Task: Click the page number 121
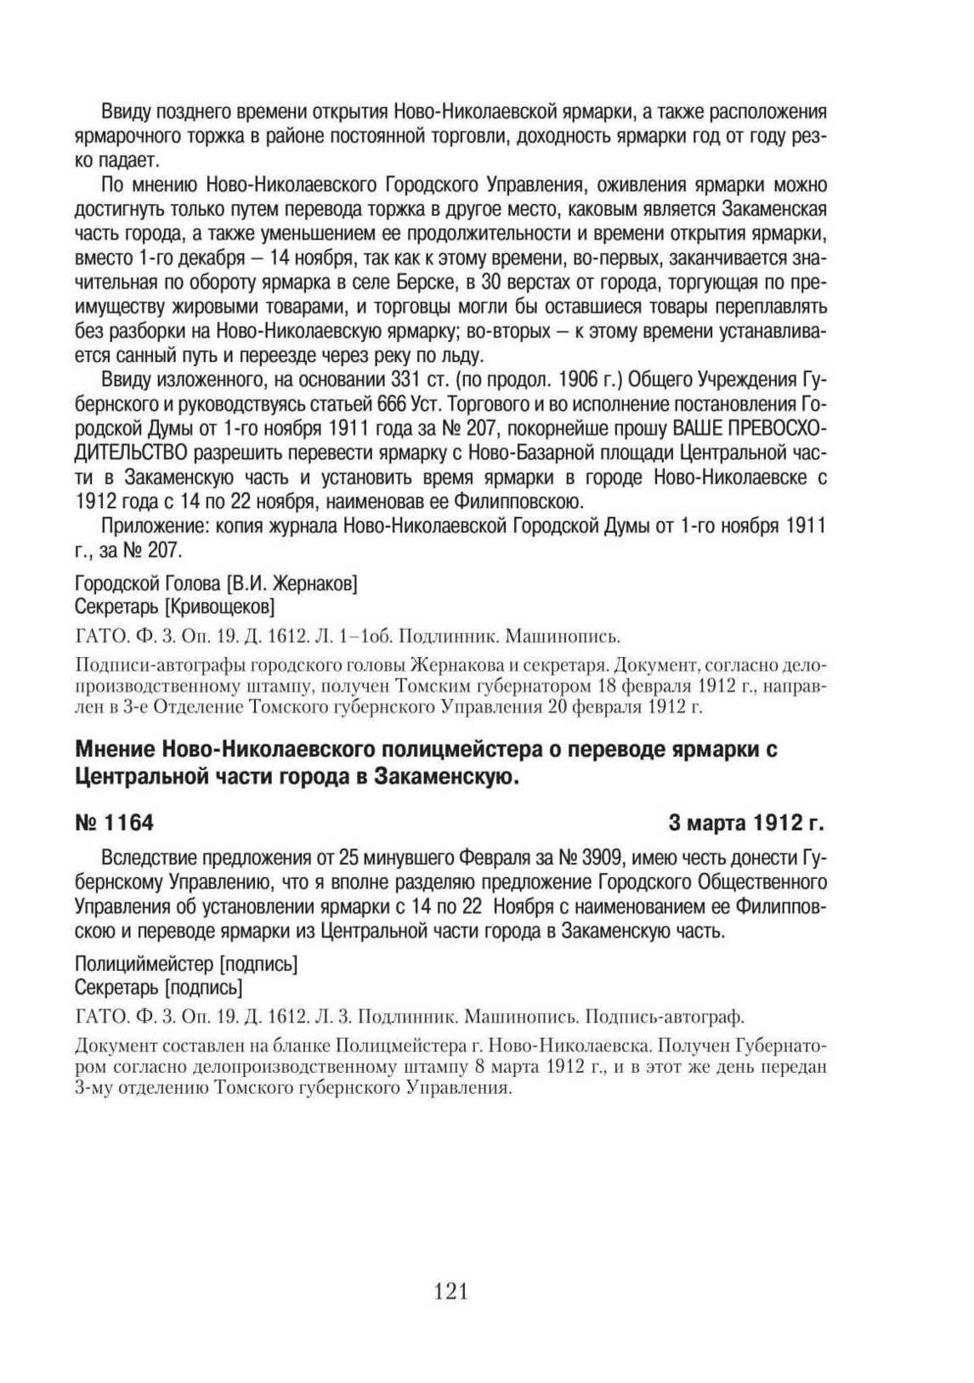[x=451, y=1292]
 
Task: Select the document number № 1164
[x=114, y=823]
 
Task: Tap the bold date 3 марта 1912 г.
[x=747, y=823]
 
